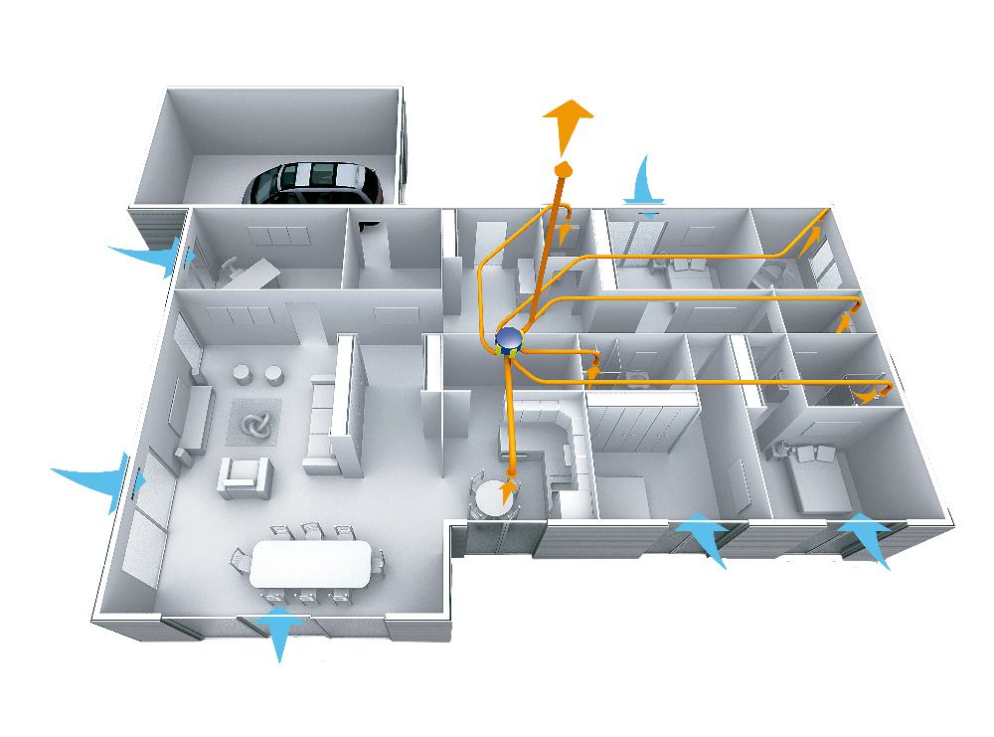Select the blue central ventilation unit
pos(509,341)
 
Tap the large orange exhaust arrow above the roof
pos(568,122)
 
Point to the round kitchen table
pos(495,496)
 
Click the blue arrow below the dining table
pos(278,629)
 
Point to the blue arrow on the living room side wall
pos(99,480)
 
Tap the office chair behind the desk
pos(231,268)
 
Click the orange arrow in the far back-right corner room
pos(815,236)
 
